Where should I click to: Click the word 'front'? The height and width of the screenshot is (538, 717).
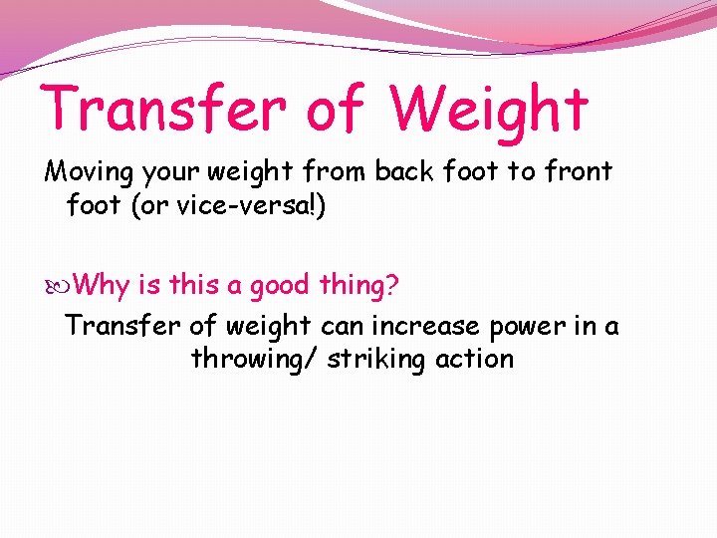click(578, 171)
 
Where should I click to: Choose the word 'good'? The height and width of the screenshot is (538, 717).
click(280, 287)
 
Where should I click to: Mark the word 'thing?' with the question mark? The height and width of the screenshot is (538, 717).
click(358, 287)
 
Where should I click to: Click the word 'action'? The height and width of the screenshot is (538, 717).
click(476, 359)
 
